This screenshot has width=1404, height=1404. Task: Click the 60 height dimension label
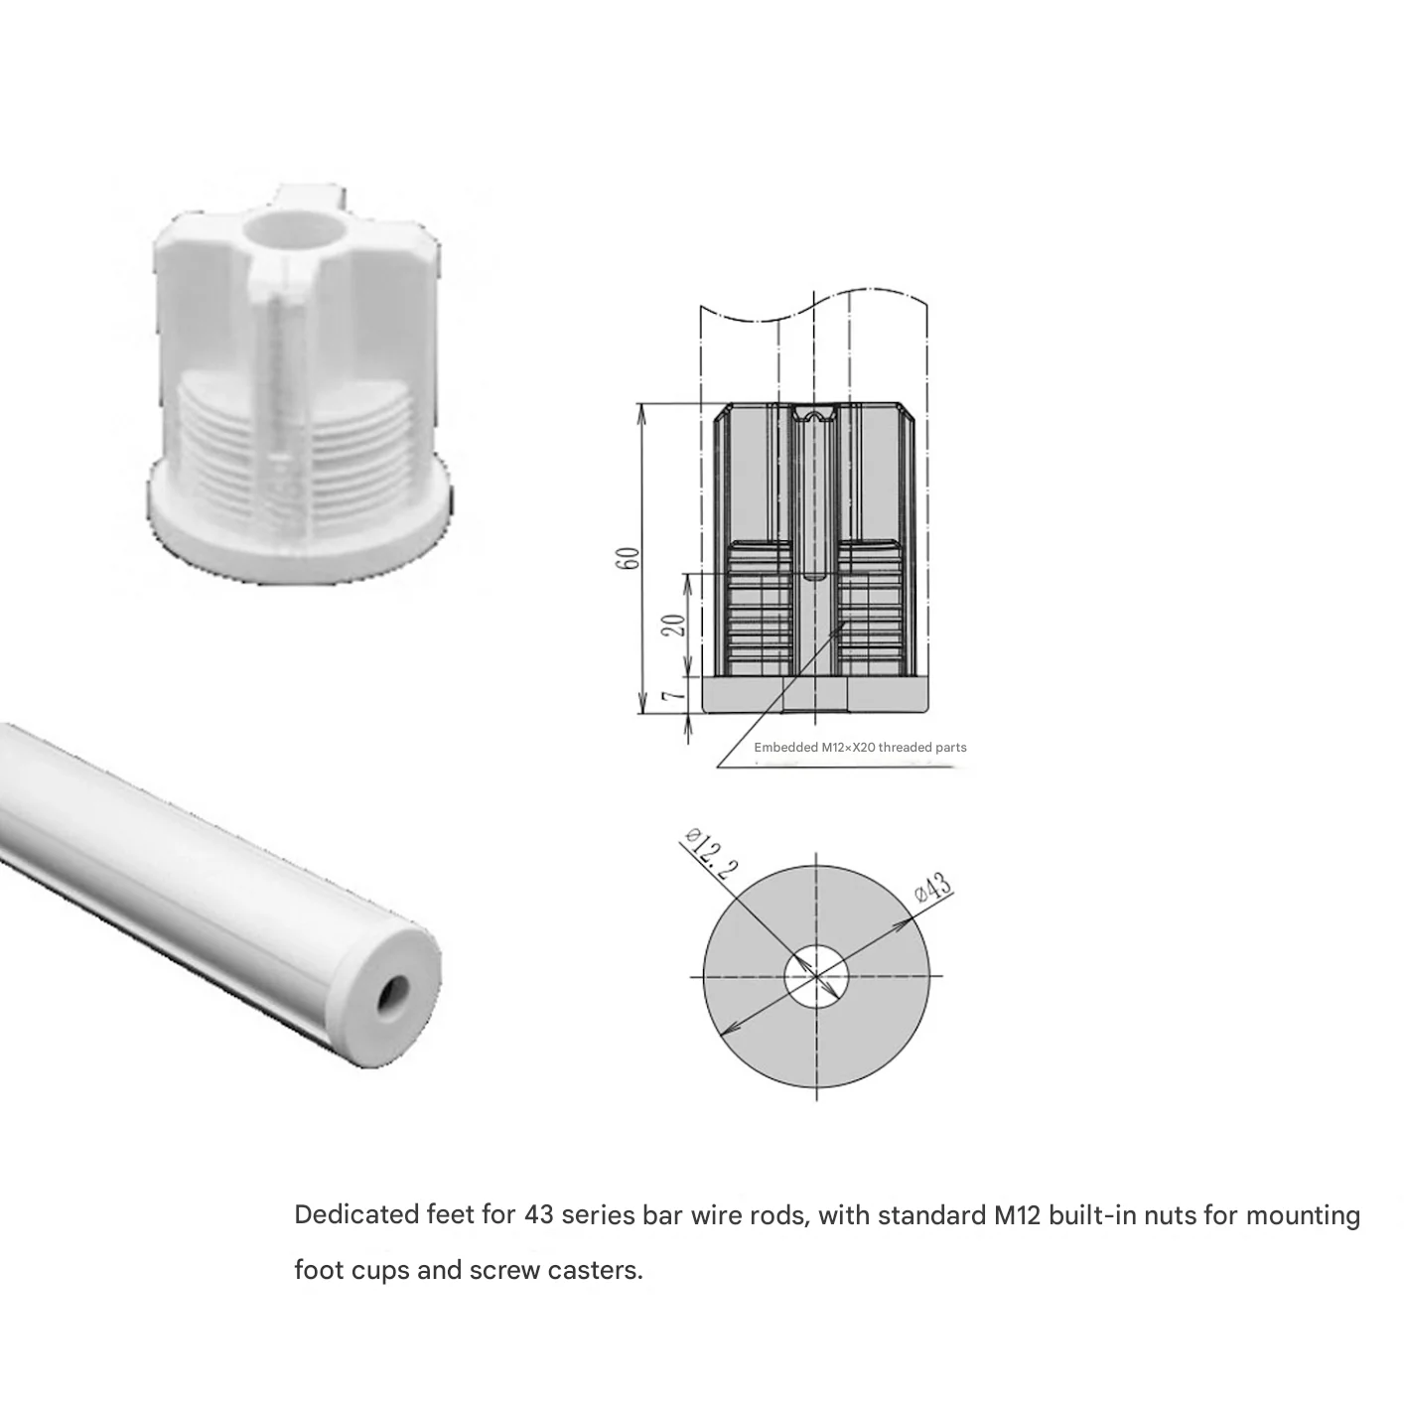coord(627,558)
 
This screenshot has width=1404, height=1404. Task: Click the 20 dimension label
coord(675,625)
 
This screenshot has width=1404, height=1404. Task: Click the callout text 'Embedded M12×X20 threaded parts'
coord(860,747)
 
